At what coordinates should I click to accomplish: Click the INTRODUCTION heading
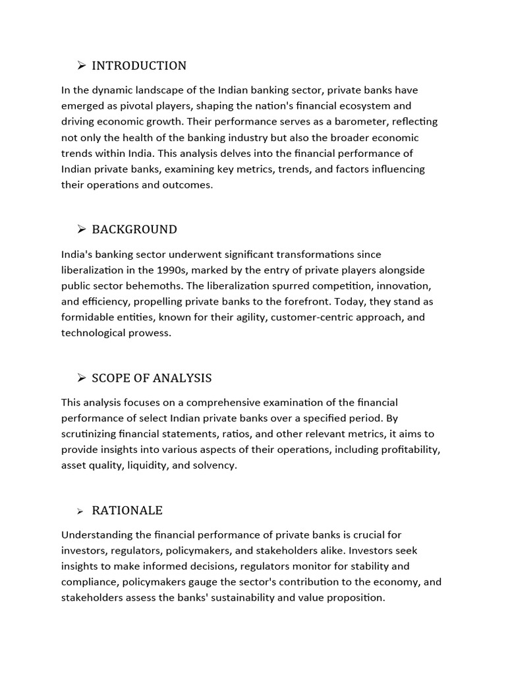(x=139, y=65)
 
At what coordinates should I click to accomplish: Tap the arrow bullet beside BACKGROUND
(x=82, y=229)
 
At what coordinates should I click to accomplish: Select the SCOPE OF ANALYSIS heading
(x=152, y=378)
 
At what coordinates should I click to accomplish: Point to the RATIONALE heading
(x=127, y=510)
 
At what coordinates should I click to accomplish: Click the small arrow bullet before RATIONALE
(x=80, y=511)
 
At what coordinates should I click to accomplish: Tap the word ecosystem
(x=364, y=105)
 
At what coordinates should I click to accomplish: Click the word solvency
(x=214, y=465)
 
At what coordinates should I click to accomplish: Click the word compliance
(x=92, y=582)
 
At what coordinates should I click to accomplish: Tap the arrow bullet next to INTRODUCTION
(x=82, y=65)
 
